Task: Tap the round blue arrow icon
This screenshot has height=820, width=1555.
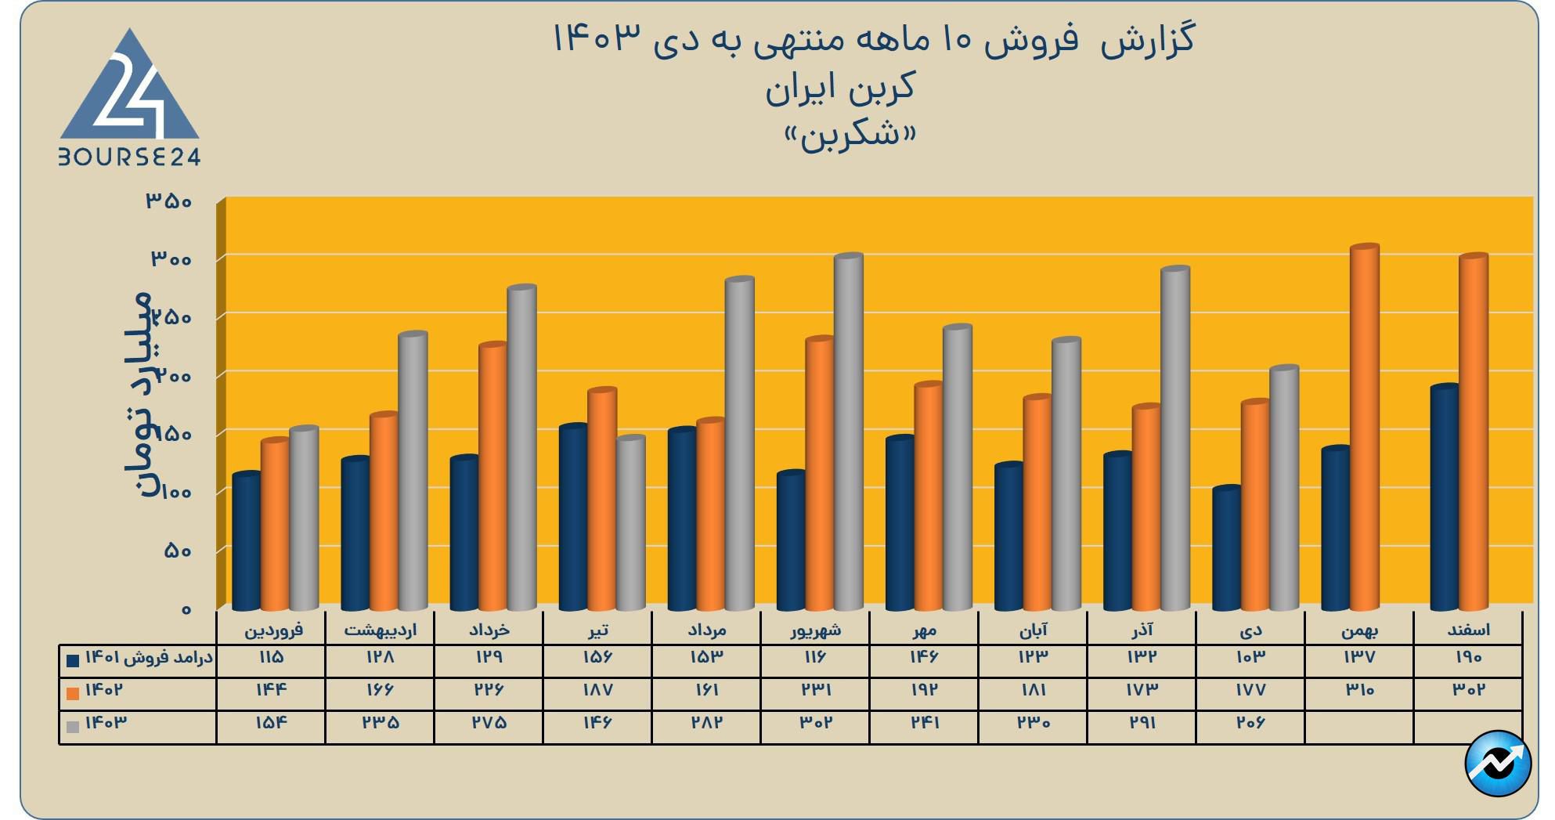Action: click(1497, 764)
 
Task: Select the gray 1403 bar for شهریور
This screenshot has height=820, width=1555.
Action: click(848, 431)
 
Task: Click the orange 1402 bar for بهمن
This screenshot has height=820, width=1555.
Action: click(1364, 427)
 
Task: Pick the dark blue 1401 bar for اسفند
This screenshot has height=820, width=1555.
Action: click(1444, 497)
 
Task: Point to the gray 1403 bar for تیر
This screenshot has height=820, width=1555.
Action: click(630, 522)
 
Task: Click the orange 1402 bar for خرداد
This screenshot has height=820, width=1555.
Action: click(493, 476)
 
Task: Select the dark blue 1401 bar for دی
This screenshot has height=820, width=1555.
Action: click(1226, 548)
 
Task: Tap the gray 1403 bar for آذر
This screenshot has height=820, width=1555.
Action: click(1174, 439)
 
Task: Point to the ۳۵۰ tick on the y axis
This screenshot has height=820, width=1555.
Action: click(168, 201)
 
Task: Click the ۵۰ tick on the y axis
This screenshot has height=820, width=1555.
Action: click(178, 551)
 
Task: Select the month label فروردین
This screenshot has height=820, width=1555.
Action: click(273, 630)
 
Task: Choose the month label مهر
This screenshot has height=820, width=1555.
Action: click(925, 630)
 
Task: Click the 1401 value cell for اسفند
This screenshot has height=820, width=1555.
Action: click(1468, 658)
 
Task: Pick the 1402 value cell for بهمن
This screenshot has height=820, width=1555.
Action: click(1359, 691)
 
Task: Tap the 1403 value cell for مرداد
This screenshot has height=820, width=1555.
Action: click(706, 723)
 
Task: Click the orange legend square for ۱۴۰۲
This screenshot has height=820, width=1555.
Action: click(73, 693)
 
